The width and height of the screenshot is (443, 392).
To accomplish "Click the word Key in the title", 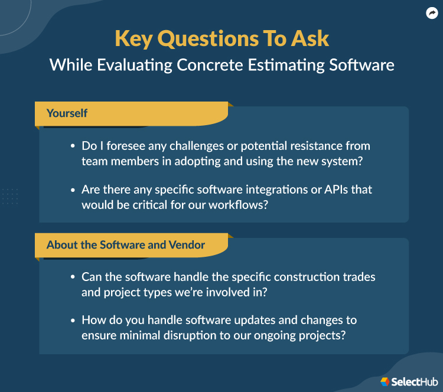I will [x=134, y=38].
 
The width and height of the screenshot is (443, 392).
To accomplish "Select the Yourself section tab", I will [x=67, y=113].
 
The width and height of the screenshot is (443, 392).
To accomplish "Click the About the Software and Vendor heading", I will [x=126, y=244].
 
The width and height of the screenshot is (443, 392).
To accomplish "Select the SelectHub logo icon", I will [x=385, y=381].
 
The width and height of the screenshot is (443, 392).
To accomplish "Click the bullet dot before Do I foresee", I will [x=73, y=146].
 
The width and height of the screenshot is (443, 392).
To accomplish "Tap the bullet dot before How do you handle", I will [x=73, y=321].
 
